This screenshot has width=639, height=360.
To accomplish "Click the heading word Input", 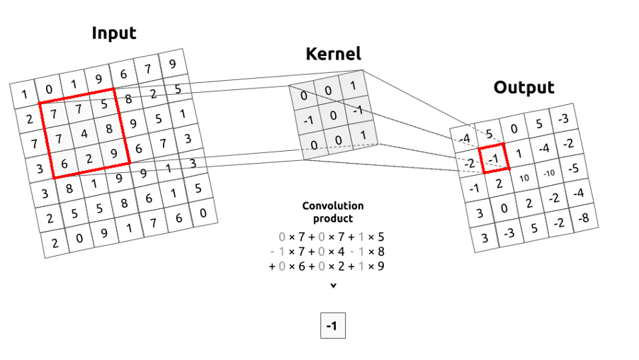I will click(114, 33).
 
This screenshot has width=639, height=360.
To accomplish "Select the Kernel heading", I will click(333, 53).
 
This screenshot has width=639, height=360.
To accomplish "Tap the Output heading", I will click(524, 87).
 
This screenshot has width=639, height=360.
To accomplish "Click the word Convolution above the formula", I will click(333, 206).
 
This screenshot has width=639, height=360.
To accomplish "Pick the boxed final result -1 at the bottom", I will click(332, 327).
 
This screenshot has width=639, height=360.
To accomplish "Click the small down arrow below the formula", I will click(333, 286).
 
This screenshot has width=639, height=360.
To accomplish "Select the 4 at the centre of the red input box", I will click(84, 133).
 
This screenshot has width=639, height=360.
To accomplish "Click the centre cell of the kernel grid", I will click(333, 116).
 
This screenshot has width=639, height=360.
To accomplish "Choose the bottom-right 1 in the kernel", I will click(363, 135).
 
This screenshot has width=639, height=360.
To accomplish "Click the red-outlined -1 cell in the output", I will click(493, 158).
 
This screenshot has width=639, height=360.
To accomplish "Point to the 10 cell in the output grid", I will click(524, 178).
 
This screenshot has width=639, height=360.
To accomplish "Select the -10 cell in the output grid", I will click(550, 173).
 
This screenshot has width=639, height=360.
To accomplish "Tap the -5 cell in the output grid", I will click(574, 168).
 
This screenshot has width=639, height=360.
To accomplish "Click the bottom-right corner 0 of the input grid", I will click(203, 213).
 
